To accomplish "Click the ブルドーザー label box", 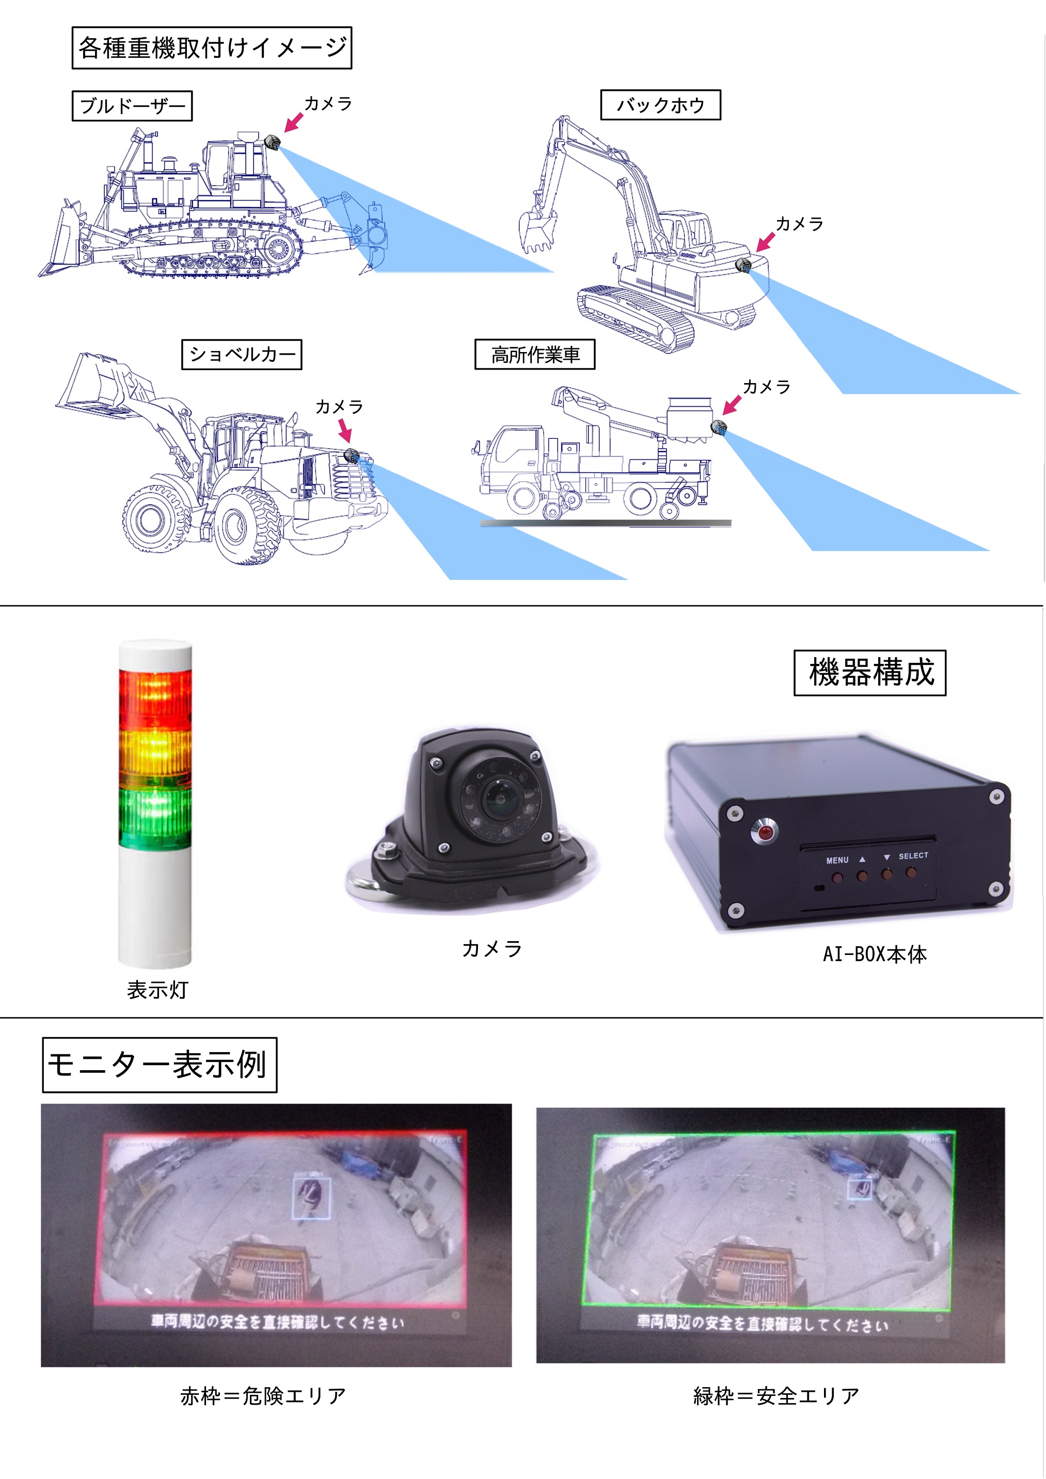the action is (x=132, y=106).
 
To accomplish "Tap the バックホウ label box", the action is (x=660, y=105).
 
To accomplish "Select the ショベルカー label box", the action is (x=242, y=354).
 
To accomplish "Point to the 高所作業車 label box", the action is (x=534, y=354).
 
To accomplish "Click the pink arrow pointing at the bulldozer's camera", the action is (x=294, y=122).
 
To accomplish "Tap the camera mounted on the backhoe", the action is (x=744, y=265).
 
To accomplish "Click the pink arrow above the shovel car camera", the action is (x=345, y=430).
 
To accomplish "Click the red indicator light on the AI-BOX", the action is (x=765, y=832).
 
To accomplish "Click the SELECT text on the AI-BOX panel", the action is (x=913, y=855).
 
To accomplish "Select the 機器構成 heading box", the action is (x=869, y=673).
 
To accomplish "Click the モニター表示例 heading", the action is (x=159, y=1064).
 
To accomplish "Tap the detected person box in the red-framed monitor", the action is (x=312, y=1198).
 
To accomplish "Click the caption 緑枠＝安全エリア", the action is (x=776, y=1396).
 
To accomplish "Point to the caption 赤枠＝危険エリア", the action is (x=263, y=1396).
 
